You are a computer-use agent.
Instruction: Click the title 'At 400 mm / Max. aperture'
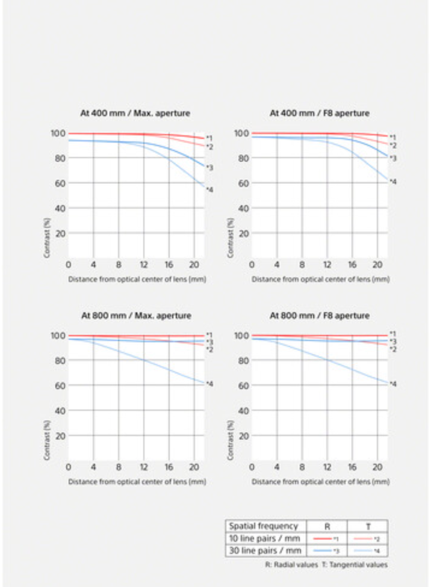tap(135, 112)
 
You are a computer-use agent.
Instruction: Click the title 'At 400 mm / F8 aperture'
tap(319, 112)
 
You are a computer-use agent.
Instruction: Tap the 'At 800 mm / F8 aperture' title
tap(319, 315)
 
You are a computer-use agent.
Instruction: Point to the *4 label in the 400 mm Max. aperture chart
tap(209, 190)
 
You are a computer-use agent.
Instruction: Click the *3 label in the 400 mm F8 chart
tap(392, 158)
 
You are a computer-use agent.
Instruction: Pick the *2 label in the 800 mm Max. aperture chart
tap(209, 349)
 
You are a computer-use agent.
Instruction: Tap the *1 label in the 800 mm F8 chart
tap(392, 333)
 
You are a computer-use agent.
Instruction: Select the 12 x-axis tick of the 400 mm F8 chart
tap(327, 265)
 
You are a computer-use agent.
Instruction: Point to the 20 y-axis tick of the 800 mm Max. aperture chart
tap(60, 435)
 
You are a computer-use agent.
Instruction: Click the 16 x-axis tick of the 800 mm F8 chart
tap(352, 467)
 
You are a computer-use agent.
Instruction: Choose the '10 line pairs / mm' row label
tap(264, 538)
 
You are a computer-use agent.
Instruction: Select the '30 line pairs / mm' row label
tap(264, 550)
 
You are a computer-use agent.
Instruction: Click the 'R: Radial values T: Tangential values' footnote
tap(326, 565)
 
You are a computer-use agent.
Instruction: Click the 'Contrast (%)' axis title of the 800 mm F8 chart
tap(231, 440)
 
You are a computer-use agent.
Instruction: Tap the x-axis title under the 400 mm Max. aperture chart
tap(137, 280)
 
